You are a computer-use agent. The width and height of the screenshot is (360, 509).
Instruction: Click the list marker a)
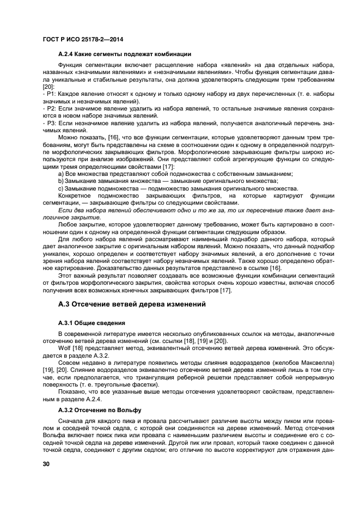tap(61, 174)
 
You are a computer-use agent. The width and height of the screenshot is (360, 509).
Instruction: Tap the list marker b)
tap(61, 181)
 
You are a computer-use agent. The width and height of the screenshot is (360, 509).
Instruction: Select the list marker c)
tap(61, 188)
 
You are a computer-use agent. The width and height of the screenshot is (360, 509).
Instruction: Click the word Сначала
tap(71, 422)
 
